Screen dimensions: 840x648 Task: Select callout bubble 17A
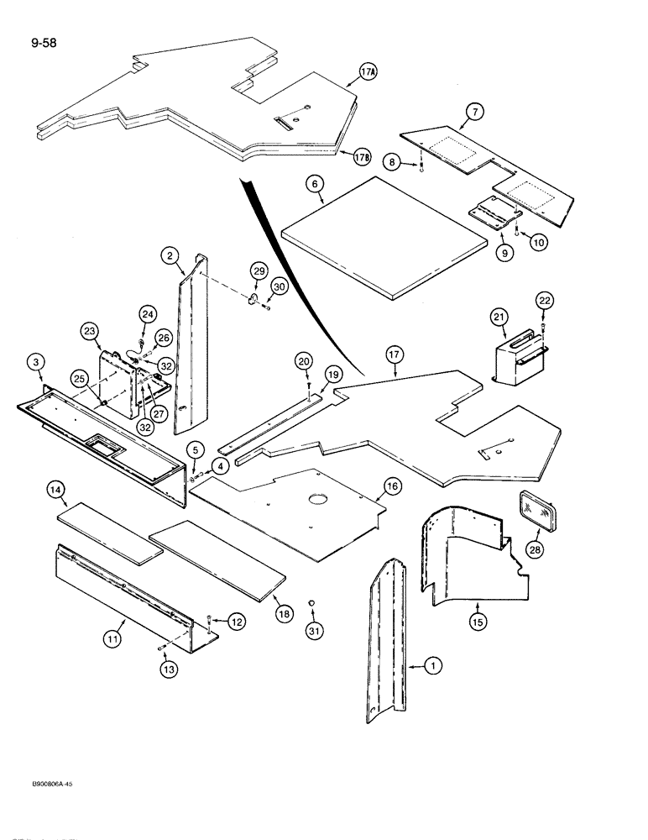368,74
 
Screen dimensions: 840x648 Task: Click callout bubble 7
475,110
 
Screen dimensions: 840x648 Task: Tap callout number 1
432,666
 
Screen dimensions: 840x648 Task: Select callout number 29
259,271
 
